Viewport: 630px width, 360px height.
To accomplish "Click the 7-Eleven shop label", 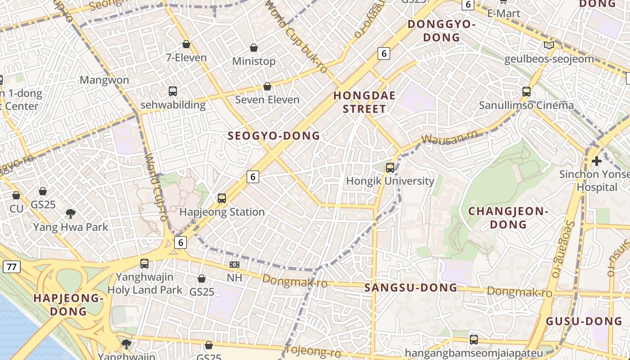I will click(x=186, y=58).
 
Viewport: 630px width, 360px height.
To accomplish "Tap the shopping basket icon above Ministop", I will click(x=254, y=48).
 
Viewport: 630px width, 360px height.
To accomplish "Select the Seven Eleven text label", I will click(x=267, y=99).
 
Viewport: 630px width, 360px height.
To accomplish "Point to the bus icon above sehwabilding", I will click(x=173, y=91).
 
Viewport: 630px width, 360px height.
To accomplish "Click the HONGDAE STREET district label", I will click(x=364, y=102).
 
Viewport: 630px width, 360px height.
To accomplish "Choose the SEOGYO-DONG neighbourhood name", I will click(x=274, y=136).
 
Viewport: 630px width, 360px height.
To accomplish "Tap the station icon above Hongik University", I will click(x=390, y=168).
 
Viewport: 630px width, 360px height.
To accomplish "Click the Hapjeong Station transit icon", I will click(x=222, y=198).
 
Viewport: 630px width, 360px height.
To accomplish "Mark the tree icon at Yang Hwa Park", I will click(x=70, y=214).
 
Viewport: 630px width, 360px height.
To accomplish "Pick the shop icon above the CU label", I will click(x=16, y=195).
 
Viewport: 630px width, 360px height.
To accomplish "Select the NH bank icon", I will click(x=234, y=265).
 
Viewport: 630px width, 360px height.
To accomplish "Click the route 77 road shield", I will click(x=11, y=267).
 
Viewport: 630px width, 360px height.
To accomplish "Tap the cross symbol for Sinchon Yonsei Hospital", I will click(x=597, y=161).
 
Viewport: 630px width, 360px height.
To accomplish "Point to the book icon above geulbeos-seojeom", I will click(x=549, y=45).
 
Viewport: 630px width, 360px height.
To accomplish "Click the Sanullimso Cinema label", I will click(x=526, y=105).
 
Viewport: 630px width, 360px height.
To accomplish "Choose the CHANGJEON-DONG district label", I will click(x=508, y=218).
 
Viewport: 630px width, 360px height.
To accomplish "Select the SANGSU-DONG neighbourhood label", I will click(x=410, y=288).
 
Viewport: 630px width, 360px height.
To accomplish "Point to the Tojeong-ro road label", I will click(x=313, y=351).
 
